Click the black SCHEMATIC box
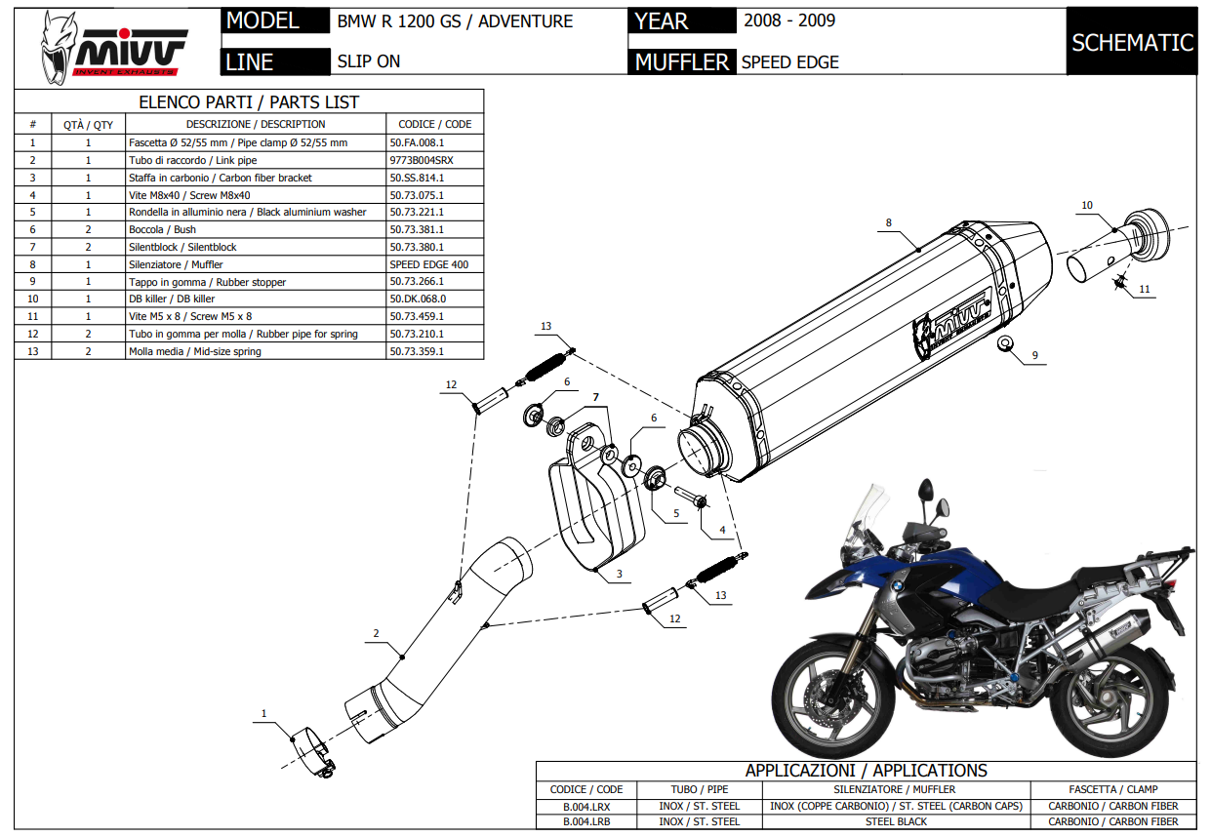1132,42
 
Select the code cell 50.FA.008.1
417,142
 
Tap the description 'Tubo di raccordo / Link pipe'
193,160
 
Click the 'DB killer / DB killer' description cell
172,299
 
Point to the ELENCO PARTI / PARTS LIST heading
249,101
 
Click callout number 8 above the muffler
888,222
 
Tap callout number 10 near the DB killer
1087,205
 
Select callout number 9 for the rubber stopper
1035,357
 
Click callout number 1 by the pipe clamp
263,714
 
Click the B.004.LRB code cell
586,821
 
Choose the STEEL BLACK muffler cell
895,821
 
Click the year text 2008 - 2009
788,20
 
